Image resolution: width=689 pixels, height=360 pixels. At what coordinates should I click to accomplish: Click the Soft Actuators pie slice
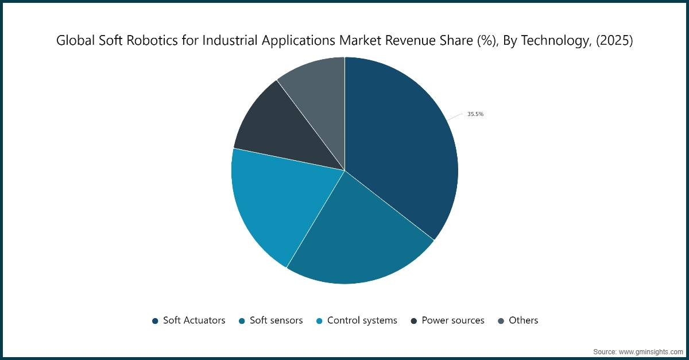(402, 149)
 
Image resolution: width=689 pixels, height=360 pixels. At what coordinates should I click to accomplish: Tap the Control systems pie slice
(281, 201)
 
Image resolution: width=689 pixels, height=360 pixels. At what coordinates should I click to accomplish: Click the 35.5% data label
(475, 114)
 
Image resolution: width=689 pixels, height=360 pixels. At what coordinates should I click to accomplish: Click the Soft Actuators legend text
(194, 320)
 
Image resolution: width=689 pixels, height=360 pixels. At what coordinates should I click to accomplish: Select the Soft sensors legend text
(276, 320)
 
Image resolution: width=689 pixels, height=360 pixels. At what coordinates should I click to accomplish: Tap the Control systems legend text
(362, 320)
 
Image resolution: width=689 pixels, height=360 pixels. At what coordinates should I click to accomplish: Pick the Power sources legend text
(453, 320)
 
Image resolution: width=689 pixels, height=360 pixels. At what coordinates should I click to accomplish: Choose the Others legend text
(523, 320)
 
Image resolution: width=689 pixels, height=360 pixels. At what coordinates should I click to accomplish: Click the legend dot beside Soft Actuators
(155, 321)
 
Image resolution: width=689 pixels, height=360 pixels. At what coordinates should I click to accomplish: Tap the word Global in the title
(73, 41)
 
